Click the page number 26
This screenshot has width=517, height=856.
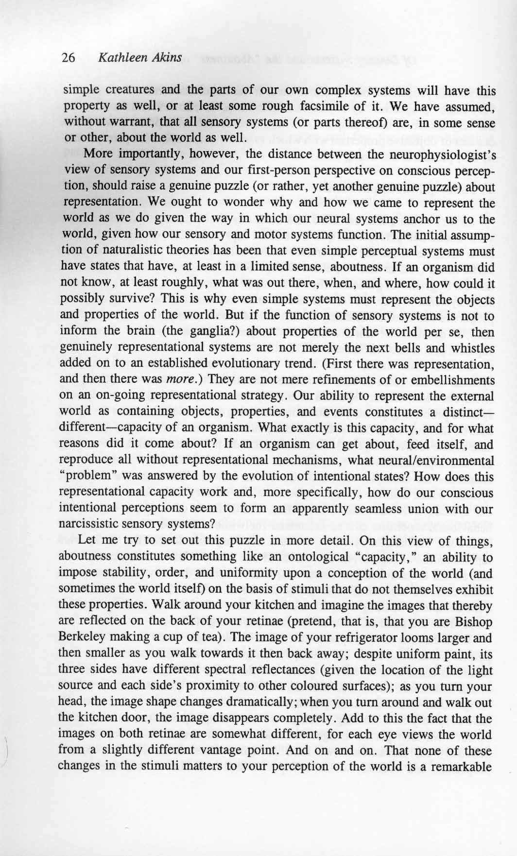click(x=68, y=58)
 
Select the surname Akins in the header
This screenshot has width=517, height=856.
click(x=166, y=58)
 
